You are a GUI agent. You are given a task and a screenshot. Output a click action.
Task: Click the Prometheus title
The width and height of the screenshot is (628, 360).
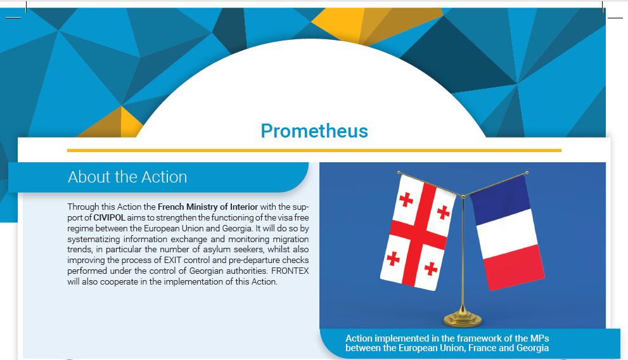(x=314, y=131)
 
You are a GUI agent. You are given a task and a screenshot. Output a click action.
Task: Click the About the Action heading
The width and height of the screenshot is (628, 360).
(x=127, y=177)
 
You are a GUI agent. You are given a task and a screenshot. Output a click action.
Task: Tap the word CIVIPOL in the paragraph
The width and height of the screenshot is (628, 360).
(x=110, y=218)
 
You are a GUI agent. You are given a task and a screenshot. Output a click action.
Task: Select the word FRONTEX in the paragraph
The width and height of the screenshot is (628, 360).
(x=290, y=271)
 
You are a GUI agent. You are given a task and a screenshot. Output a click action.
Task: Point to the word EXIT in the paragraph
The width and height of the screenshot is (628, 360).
(x=172, y=260)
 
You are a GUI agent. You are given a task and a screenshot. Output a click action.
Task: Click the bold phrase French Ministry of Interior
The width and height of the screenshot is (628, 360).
(x=208, y=207)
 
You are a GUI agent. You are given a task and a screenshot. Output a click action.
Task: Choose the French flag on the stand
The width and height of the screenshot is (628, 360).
(x=507, y=232)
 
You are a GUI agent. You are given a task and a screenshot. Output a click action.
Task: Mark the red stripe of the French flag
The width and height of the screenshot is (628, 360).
(x=514, y=266)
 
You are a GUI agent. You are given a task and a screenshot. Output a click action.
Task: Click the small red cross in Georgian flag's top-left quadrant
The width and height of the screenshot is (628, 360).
(x=406, y=199)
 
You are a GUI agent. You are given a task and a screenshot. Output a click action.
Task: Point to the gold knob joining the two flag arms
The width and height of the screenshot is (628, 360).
(x=463, y=196)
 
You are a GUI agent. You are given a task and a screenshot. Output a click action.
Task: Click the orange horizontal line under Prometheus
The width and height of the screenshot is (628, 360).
(x=314, y=151)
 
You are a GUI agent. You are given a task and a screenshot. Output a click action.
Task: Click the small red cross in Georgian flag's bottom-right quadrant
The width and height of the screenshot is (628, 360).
(x=431, y=269)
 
